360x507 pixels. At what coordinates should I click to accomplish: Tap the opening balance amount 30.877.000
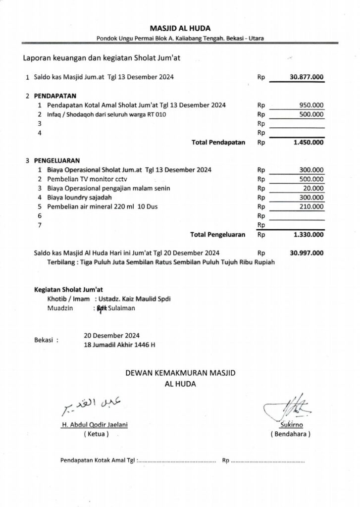click(x=307, y=78)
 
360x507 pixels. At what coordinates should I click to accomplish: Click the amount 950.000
click(x=311, y=105)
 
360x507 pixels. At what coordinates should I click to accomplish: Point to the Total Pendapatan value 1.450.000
click(x=309, y=143)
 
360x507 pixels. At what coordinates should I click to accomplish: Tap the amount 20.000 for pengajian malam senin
click(x=313, y=189)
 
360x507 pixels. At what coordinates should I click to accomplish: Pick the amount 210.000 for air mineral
click(x=311, y=207)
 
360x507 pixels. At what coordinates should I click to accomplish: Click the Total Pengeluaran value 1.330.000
click(x=309, y=235)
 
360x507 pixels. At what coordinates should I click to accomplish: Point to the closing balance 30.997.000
click(x=307, y=253)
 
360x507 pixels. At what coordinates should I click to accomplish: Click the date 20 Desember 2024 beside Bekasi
click(x=112, y=334)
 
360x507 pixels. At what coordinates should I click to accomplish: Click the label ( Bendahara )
click(x=290, y=434)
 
